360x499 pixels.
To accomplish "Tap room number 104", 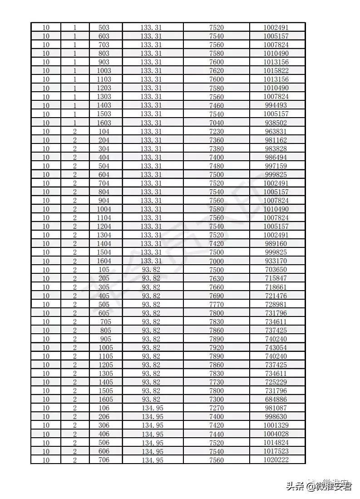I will tap(104, 132).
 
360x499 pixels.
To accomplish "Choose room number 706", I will tap(104, 460).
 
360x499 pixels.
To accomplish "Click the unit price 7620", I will tap(216, 71).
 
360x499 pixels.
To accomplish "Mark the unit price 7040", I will tap(216, 123).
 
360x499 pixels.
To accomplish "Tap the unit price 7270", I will tap(216, 408).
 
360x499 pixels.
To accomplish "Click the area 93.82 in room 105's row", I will tap(151, 270).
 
